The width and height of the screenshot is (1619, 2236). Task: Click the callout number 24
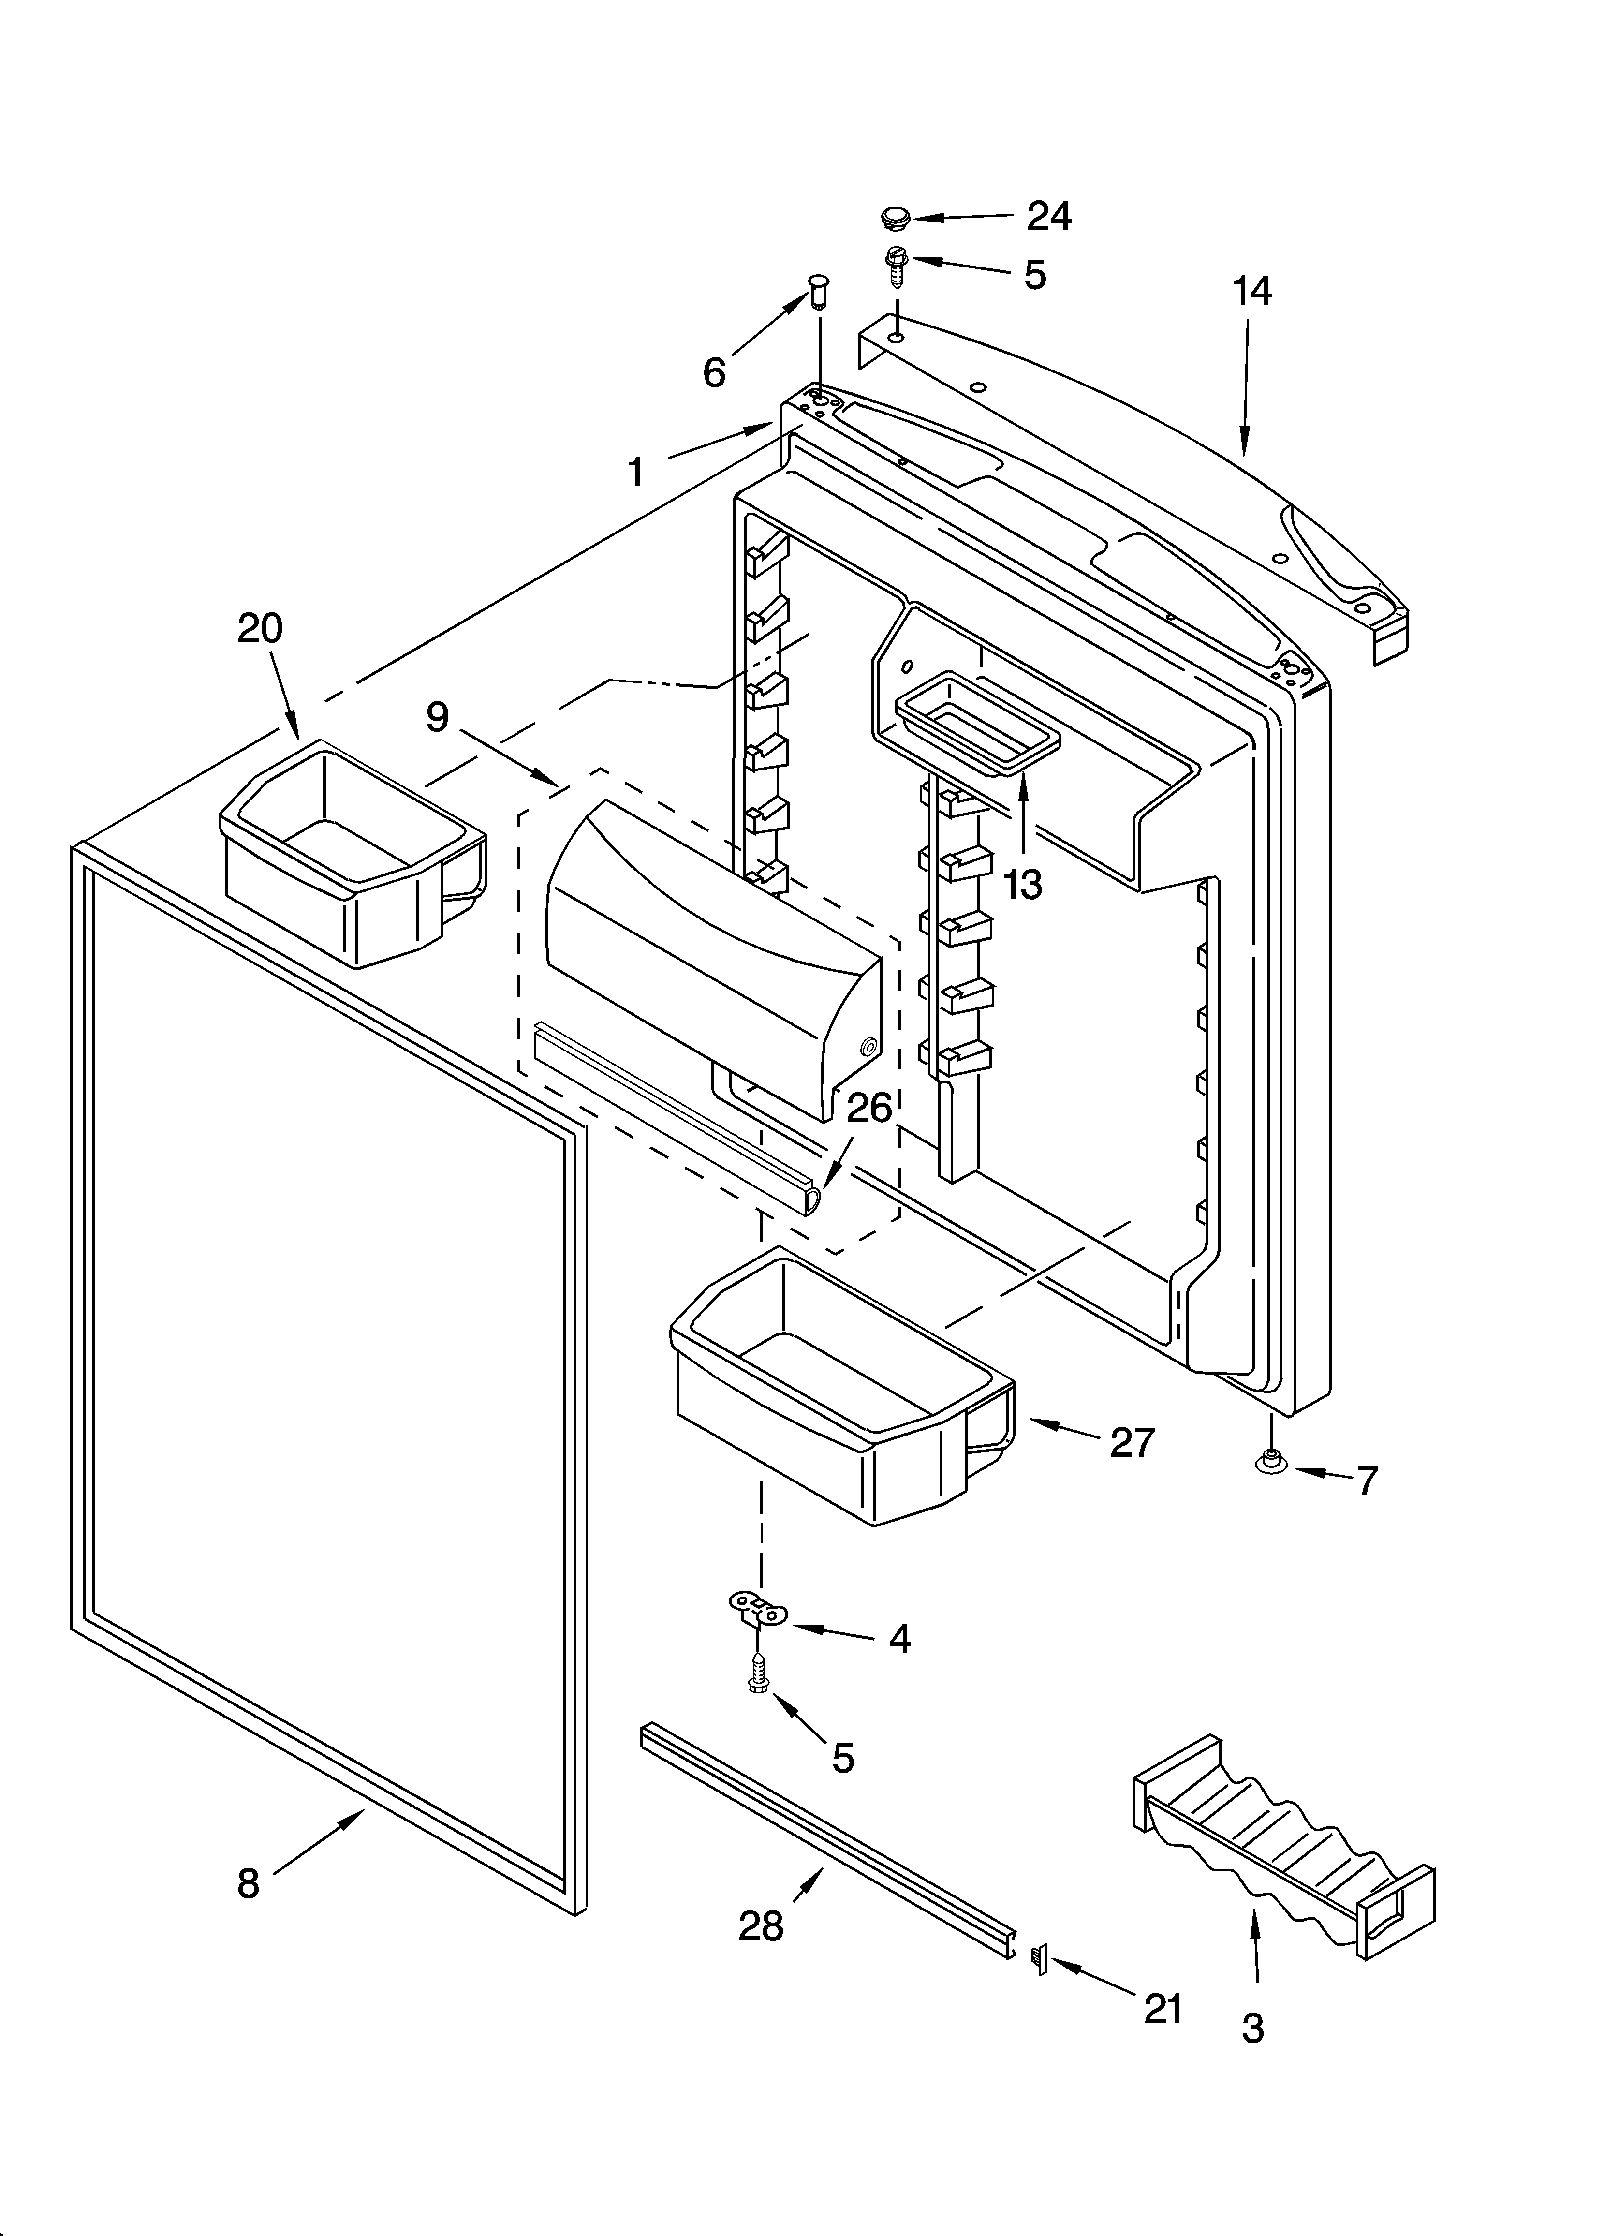[1049, 216]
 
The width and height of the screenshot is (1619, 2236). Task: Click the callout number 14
[1252, 292]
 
